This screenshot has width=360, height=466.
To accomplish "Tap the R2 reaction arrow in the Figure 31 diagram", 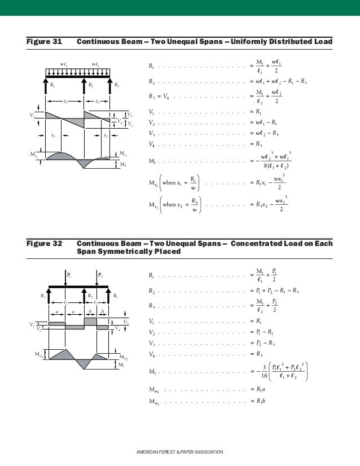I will pyautogui.click(x=84, y=85).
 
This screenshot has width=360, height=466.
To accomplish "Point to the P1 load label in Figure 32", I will pyautogui.click(x=69, y=275).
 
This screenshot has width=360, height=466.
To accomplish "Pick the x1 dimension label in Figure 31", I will pyautogui.click(x=53, y=135).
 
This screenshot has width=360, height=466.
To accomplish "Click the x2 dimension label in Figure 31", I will pyautogui.click(x=106, y=135).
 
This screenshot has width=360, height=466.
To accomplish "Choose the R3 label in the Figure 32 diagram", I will pyautogui.click(x=115, y=295).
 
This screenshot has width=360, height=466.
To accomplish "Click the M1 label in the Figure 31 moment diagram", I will pyautogui.click(x=124, y=164).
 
